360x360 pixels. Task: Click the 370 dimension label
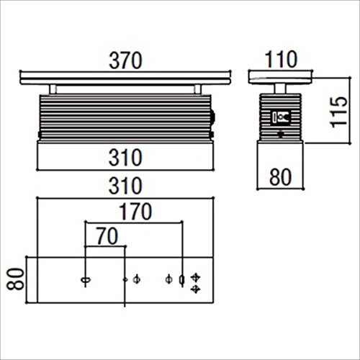tap(125, 60)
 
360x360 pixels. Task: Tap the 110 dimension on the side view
tap(281, 59)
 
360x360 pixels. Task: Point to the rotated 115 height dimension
tap(339, 112)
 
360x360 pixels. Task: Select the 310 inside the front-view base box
tap(125, 158)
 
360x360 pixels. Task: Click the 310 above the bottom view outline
tap(125, 186)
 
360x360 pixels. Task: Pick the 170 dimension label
tap(135, 212)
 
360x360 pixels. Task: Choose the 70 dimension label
tap(107, 236)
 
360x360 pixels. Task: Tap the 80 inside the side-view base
tap(280, 177)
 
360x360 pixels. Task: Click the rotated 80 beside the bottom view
tap(16, 279)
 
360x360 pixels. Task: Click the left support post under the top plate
tap(53, 89)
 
